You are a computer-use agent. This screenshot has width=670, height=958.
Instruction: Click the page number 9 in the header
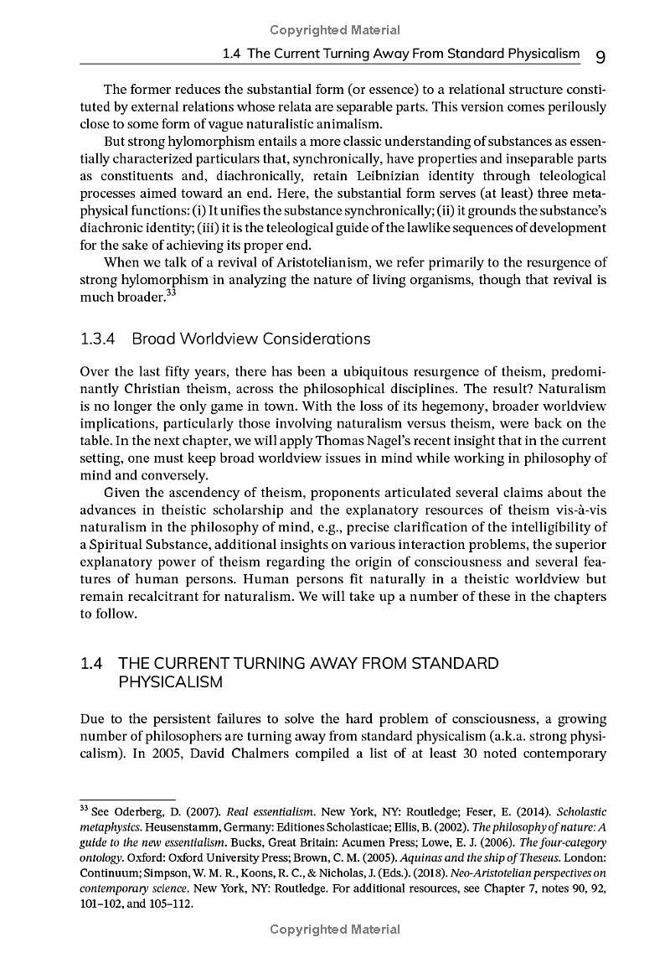point(600,56)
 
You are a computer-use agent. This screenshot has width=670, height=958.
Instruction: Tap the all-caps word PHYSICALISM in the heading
point(170,682)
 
